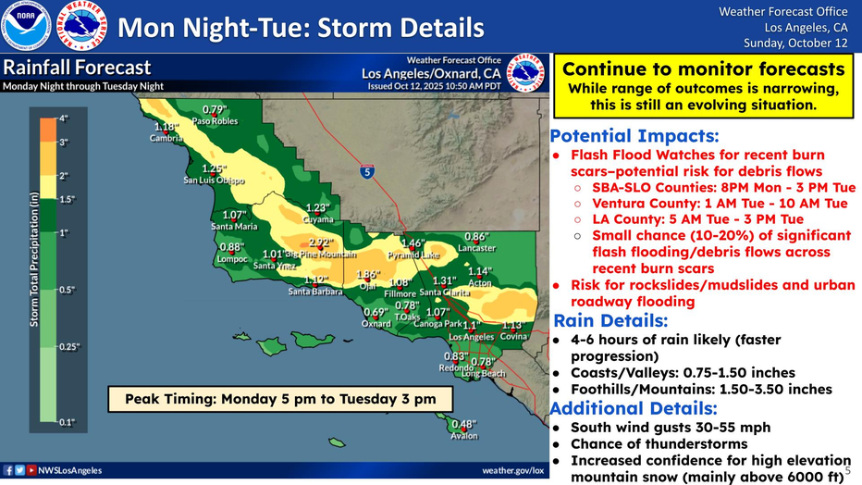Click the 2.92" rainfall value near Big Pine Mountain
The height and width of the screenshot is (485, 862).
click(x=320, y=242)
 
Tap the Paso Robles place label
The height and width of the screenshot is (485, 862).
click(x=215, y=121)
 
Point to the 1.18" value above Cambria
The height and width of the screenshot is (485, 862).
click(x=166, y=127)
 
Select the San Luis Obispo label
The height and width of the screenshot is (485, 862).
click(x=215, y=180)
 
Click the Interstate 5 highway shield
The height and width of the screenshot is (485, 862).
click(x=368, y=171)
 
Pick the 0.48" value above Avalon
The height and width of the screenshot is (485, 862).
click(x=463, y=424)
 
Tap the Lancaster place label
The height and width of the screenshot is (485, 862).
click(x=476, y=248)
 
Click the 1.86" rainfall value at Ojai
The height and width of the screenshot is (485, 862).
click(x=368, y=274)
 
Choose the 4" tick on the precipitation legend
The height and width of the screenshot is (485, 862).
click(x=65, y=118)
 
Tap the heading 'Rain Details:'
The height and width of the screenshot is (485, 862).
click(x=610, y=321)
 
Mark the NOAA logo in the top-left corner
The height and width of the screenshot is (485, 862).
click(x=26, y=26)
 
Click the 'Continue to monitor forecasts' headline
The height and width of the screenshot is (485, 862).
click(x=703, y=68)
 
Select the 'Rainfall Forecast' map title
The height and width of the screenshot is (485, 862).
click(x=77, y=68)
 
